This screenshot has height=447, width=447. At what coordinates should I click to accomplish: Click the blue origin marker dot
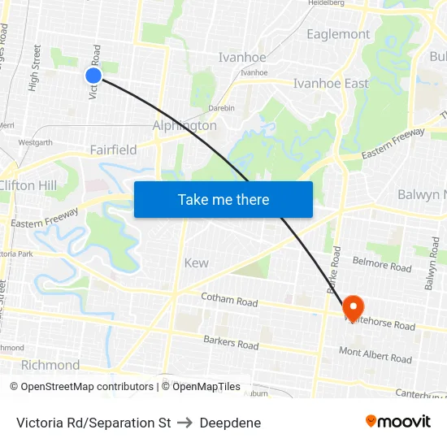(93, 76)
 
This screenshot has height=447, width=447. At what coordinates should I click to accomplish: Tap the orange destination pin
(353, 307)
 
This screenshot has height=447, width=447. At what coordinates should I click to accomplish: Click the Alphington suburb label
(184, 126)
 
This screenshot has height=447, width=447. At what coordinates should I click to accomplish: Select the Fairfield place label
(113, 150)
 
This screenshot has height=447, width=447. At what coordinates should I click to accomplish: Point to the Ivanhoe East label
(330, 83)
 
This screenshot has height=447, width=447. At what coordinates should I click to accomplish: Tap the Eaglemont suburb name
(338, 34)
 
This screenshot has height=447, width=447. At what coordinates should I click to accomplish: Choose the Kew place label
(196, 263)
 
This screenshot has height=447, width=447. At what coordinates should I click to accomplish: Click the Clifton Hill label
(28, 185)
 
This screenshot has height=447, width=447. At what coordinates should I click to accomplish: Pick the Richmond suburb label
(50, 365)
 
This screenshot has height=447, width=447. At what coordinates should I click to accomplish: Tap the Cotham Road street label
(228, 301)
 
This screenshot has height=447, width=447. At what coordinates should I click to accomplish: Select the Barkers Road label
(231, 344)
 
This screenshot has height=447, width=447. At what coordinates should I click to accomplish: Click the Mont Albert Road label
(375, 355)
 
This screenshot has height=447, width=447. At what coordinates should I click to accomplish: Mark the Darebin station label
(221, 108)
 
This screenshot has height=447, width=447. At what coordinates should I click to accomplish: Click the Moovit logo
(397, 421)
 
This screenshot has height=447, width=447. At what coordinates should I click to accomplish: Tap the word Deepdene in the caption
(230, 423)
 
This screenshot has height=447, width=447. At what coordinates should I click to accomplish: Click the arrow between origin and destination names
(185, 423)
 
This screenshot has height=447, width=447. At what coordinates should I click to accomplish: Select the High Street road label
(35, 67)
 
